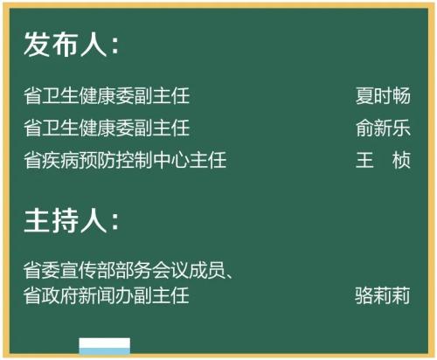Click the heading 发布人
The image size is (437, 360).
(66, 44)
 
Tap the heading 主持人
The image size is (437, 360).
(66, 220)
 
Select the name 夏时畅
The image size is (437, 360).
(383, 95)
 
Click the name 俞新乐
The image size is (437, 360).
(383, 128)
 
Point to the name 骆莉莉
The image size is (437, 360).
(382, 295)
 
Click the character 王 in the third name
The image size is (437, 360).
(364, 160)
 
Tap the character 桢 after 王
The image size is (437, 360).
(401, 160)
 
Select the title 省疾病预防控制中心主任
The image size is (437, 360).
(125, 160)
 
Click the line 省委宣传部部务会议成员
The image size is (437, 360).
(125, 270)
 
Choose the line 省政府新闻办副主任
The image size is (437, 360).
(107, 295)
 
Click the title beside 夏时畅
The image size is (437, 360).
(107, 95)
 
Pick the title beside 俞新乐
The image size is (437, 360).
(107, 128)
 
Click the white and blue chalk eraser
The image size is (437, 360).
(105, 346)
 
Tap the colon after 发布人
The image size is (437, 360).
(115, 46)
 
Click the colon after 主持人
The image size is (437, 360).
(115, 223)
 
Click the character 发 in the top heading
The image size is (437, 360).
(38, 44)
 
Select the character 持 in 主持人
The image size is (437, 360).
(66, 220)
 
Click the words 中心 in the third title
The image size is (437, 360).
(171, 160)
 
